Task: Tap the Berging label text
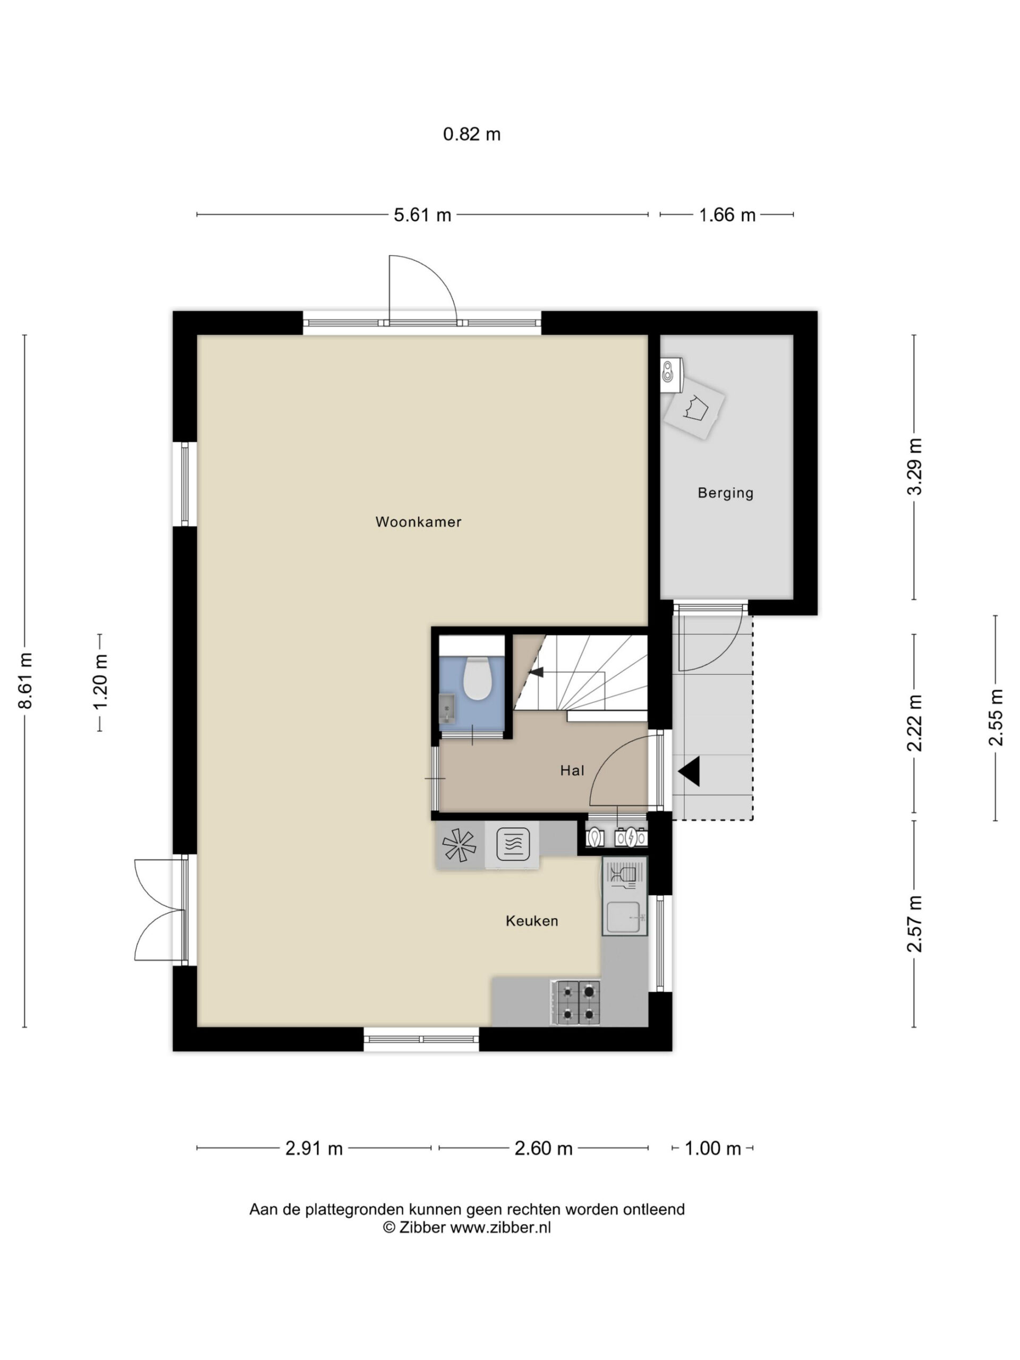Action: click(726, 493)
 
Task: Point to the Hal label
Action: click(572, 770)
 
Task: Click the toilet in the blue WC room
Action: click(476, 678)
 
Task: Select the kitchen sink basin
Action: click(625, 918)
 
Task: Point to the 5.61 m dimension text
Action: click(422, 215)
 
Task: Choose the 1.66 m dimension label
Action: click(727, 215)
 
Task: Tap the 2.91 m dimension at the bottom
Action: click(313, 1149)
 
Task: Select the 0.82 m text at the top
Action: click(472, 134)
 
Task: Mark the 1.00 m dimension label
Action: click(712, 1149)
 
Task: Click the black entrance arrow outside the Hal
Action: click(688, 771)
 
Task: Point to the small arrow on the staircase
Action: click(536, 673)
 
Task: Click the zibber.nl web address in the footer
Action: click(500, 1228)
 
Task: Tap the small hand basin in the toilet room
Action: click(447, 708)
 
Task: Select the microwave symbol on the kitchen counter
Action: click(512, 844)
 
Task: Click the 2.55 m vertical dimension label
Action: click(996, 718)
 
